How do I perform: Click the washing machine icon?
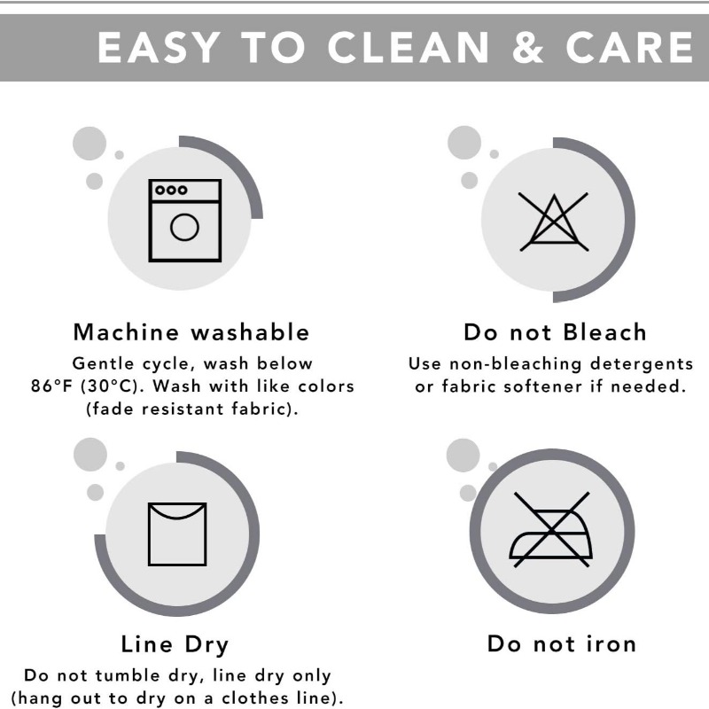coord(185,220)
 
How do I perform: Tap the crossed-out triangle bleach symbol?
coord(553,222)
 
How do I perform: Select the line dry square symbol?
coord(177,534)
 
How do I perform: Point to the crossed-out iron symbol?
coord(551,529)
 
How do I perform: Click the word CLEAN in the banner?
coord(409,48)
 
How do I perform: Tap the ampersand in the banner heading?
coord(527,48)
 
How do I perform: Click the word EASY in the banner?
coord(159,48)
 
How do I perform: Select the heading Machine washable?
coord(191,331)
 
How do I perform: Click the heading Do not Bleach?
coord(556,331)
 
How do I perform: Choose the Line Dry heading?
coord(175,644)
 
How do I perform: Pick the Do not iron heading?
coord(562,643)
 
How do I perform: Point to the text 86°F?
coord(51,386)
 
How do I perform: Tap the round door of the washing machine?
coord(184,227)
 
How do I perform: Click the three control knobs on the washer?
coord(171,190)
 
